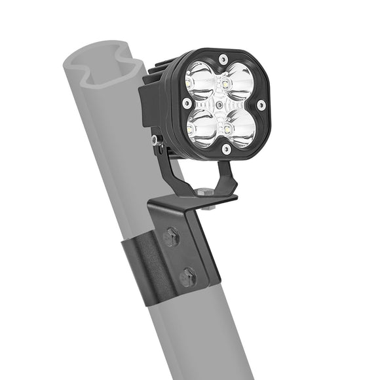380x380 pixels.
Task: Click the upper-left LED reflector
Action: pyautogui.click(x=200, y=80)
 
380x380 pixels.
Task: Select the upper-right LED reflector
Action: pyautogui.click(x=240, y=81)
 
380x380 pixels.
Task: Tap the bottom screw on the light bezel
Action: pyautogui.click(x=226, y=149)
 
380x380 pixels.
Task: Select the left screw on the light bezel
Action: pyautogui.click(x=187, y=103)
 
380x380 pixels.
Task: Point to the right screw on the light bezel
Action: pyautogui.click(x=261, y=105)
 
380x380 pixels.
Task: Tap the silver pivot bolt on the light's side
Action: pyautogui.click(x=154, y=140)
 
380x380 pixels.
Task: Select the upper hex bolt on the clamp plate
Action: pyautogui.click(x=172, y=238)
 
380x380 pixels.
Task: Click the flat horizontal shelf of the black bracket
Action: pyautogui.click(x=197, y=200)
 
